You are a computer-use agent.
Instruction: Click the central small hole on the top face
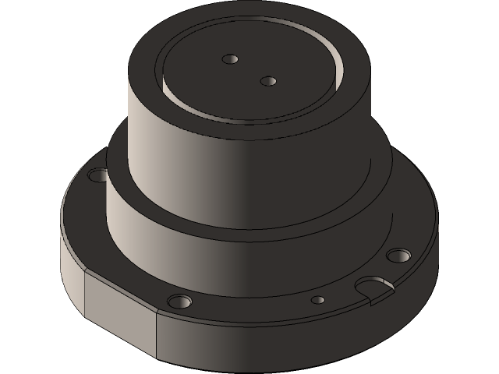pyautogui.click(x=267, y=81)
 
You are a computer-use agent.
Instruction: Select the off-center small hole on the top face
pyautogui.click(x=229, y=59)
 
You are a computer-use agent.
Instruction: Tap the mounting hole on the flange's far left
pyautogui.click(x=99, y=175)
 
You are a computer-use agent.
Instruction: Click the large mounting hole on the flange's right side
pyautogui.click(x=398, y=255)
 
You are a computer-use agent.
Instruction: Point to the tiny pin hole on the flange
pyautogui.click(x=317, y=299)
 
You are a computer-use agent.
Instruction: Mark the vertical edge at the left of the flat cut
pyautogui.click(x=84, y=293)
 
